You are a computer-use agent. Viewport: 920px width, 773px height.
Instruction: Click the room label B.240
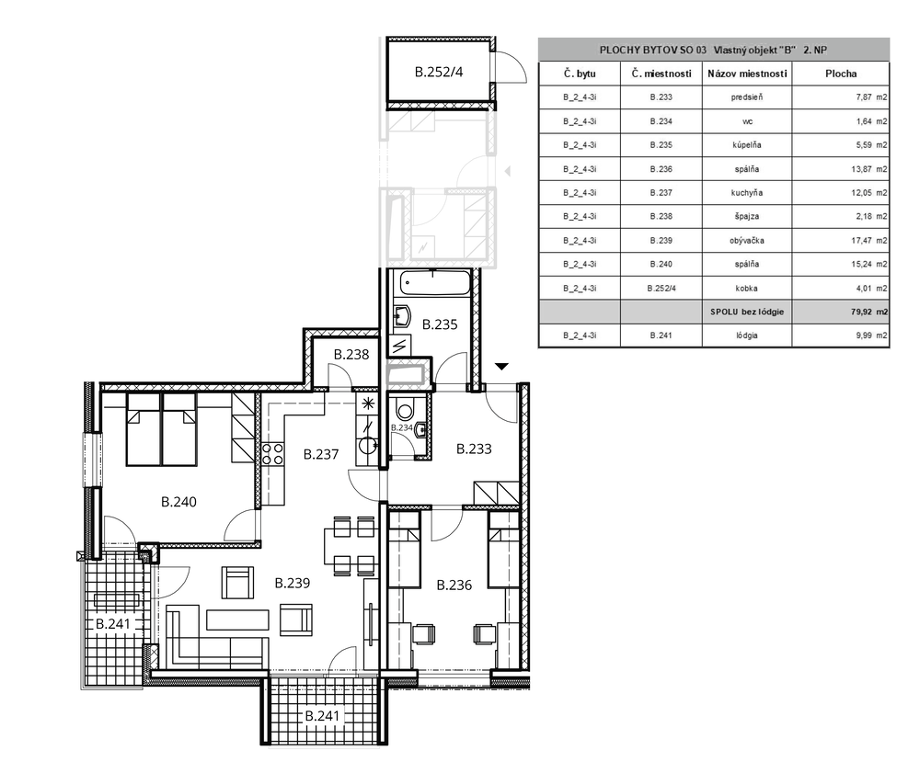tap(178, 502)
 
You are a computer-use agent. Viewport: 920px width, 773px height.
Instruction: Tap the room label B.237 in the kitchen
tap(321, 454)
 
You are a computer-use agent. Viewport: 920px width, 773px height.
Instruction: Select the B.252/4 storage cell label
tap(439, 72)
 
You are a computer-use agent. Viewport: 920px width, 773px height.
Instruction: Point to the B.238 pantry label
tap(351, 355)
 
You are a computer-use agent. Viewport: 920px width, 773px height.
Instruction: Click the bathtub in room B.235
tap(435, 283)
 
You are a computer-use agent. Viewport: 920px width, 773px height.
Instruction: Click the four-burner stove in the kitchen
tap(272, 454)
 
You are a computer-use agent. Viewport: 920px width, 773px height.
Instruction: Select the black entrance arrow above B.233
tap(501, 367)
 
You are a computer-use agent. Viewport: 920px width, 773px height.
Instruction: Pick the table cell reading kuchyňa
tap(747, 193)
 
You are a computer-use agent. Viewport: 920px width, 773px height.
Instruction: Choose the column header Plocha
tap(841, 74)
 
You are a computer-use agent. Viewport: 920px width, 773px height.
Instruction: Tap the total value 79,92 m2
tap(869, 312)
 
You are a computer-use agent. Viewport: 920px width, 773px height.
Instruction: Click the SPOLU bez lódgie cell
tap(747, 312)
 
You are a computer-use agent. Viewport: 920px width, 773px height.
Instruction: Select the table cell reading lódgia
tap(747, 335)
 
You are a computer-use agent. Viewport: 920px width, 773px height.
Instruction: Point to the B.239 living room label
tap(293, 583)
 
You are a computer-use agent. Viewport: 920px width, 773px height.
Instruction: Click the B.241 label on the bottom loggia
tap(322, 716)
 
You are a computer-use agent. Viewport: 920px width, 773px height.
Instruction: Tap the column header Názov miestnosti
tap(747, 74)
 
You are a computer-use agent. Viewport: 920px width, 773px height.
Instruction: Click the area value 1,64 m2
tap(871, 121)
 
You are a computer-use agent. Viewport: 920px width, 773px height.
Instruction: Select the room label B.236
tap(454, 585)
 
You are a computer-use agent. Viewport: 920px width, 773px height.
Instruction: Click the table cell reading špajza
tap(747, 216)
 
